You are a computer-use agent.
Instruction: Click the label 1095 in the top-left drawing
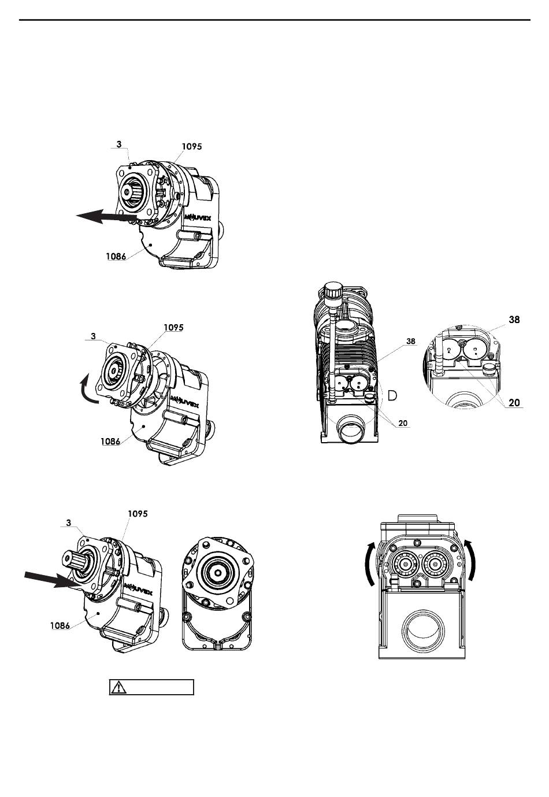coord(191,146)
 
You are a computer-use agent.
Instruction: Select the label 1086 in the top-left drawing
coord(116,256)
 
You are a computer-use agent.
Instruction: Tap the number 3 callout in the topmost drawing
coord(118,144)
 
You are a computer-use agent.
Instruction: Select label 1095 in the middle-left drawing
coord(173,327)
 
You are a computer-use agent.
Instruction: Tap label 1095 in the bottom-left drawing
coord(138,513)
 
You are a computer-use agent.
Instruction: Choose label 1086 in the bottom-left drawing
coord(60,625)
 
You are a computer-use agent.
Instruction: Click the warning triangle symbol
coord(118,687)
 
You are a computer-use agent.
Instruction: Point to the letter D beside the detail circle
coord(392,395)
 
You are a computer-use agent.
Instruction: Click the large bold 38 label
coord(514,320)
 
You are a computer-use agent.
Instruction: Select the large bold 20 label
coord(514,403)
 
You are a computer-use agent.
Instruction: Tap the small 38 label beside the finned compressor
coord(410,341)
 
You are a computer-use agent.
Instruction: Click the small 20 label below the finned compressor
coord(403,423)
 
